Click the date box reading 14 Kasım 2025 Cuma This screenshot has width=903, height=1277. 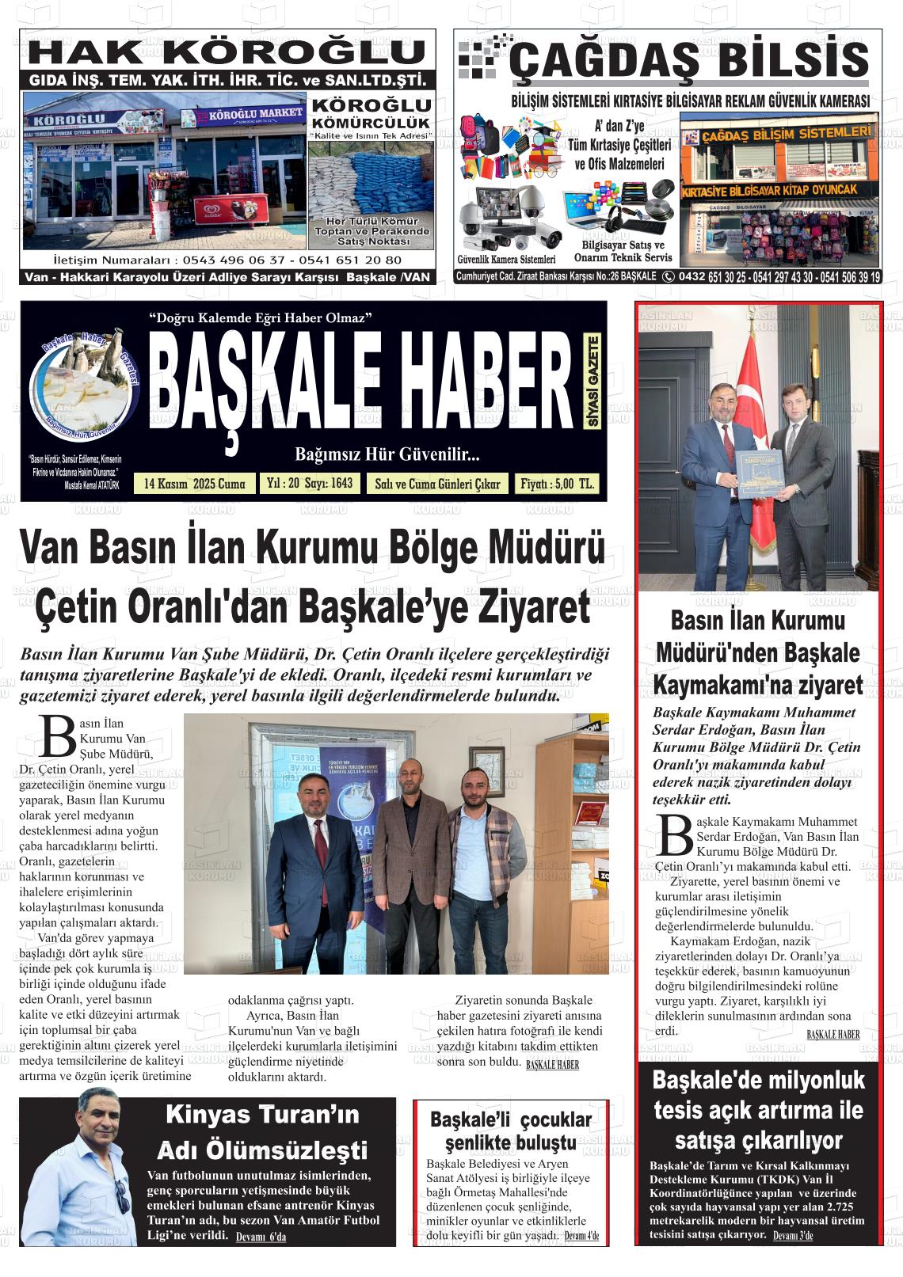click(x=195, y=484)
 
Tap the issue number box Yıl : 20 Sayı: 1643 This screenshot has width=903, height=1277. click(x=310, y=483)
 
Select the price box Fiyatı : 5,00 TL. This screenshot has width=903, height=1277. click(x=557, y=484)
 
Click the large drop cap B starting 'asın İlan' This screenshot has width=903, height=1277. click(x=55, y=736)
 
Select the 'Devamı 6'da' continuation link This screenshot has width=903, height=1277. click(x=261, y=1237)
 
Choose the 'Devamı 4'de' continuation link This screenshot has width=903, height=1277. click(x=581, y=1236)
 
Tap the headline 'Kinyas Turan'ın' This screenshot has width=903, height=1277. click(x=262, y=1115)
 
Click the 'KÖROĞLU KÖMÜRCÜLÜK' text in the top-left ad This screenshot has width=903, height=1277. click(x=371, y=113)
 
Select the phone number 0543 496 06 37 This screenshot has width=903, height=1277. click(x=232, y=260)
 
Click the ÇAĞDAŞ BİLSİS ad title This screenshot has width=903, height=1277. click(x=689, y=61)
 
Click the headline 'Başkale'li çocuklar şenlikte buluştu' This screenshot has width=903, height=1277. click(x=511, y=1131)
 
